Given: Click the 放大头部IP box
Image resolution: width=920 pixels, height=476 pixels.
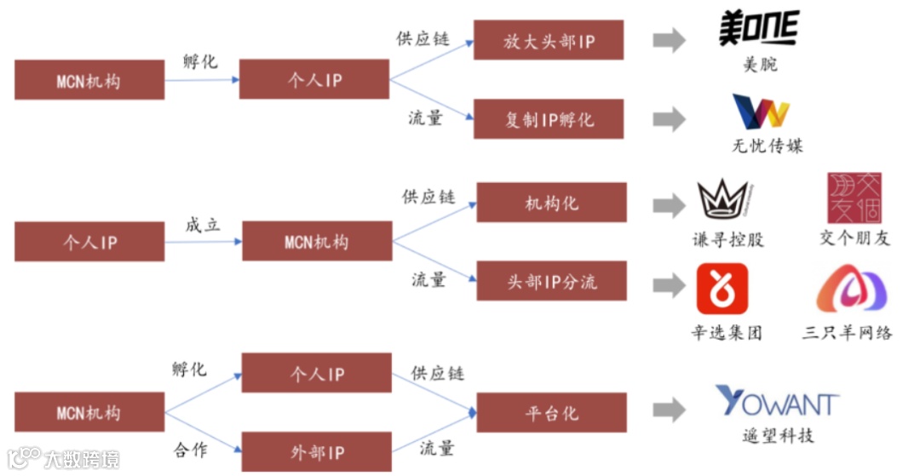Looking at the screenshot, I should [x=549, y=41].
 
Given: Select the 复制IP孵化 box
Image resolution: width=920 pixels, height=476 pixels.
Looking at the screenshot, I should [x=549, y=119].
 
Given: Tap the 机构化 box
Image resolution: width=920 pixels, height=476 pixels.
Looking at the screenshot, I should [x=551, y=203].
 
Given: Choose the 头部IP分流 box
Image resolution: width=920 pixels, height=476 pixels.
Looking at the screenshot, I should [x=551, y=282].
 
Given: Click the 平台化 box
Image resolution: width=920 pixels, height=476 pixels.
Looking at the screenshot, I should [x=551, y=413].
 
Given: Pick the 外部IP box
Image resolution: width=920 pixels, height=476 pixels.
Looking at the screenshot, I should [x=317, y=452].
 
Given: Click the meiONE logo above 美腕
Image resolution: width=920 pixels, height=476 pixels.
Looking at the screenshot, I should [x=759, y=29].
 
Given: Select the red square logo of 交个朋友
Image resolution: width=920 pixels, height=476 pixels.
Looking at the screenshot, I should [x=854, y=198].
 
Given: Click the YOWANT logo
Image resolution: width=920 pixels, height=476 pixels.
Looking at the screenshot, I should [x=777, y=402].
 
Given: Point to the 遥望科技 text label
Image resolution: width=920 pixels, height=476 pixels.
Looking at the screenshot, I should [x=777, y=436].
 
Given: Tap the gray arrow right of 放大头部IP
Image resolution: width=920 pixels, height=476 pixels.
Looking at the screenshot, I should [x=670, y=40].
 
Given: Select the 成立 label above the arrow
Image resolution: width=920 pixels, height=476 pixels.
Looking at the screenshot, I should [x=203, y=226].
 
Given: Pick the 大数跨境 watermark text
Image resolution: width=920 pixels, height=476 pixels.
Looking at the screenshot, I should [x=82, y=459].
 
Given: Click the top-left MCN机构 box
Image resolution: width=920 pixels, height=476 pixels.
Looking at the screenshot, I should [x=89, y=80].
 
